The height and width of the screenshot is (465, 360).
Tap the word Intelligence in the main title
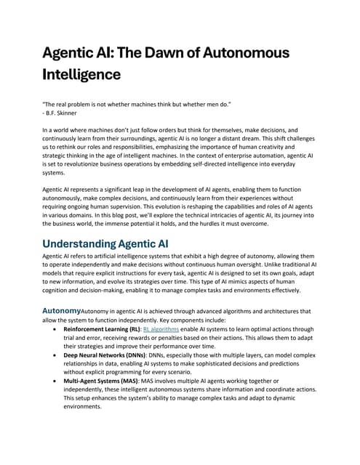tap(80, 75)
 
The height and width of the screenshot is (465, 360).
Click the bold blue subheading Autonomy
tap(61, 311)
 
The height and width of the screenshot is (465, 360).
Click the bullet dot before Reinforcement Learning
tap(57, 330)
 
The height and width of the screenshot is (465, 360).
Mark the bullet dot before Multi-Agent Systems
tap(57, 381)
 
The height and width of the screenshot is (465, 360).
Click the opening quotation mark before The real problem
tap(44, 104)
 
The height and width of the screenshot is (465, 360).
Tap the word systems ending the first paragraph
tap(55, 172)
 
